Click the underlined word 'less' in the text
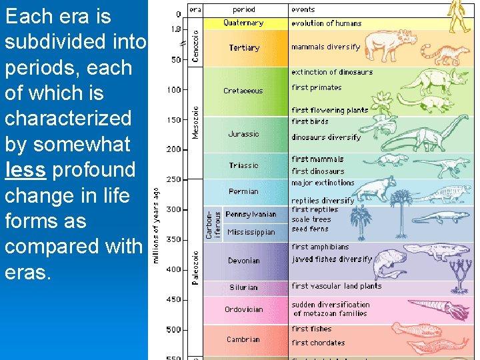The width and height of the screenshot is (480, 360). click(25, 170)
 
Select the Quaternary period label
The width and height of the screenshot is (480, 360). click(243, 23)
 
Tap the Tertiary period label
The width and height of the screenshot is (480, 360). click(244, 48)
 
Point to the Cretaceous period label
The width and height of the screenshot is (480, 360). click(243, 91)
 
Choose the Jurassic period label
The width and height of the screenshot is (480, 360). click(243, 134)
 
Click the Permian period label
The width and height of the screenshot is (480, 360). click(243, 191)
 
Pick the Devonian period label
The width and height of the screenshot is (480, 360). click(243, 261)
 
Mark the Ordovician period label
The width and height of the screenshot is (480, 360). click(243, 309)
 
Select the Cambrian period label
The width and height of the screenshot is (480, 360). click(243, 339)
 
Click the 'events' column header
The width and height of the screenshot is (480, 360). click(303, 9)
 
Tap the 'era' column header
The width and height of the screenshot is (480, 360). click(195, 9)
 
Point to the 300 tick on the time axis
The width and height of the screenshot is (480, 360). click(173, 209)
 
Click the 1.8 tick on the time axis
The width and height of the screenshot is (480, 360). click(175, 29)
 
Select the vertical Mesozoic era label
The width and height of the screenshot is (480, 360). click(195, 120)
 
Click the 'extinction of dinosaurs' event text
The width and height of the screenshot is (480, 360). click(332, 72)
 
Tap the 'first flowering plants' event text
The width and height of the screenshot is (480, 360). click(329, 110)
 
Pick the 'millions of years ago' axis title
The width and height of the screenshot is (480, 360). click(156, 225)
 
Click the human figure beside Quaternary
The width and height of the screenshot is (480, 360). click(459, 17)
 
